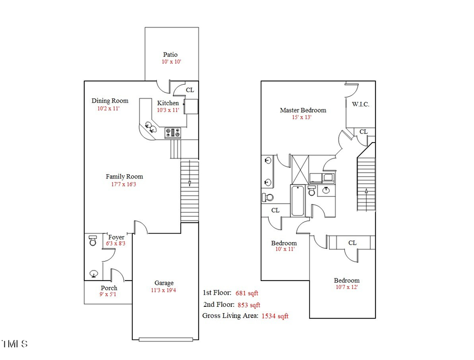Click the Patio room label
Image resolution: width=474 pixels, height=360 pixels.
[x=170, y=54]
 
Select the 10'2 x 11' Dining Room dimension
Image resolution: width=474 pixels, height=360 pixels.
[x=108, y=109]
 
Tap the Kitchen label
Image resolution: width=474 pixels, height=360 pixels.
[x=168, y=103]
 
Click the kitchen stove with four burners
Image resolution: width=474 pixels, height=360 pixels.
[x=173, y=133]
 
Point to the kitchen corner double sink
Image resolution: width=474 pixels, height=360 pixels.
[x=151, y=127]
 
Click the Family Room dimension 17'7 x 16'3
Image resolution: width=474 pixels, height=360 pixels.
[x=124, y=184]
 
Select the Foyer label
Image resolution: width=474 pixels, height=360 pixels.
[x=116, y=237]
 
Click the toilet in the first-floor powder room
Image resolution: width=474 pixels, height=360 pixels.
[x=93, y=241]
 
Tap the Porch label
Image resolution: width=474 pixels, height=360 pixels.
[x=109, y=288]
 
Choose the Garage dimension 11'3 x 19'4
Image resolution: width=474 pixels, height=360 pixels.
[x=164, y=290]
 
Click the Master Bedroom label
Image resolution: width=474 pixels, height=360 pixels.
[x=303, y=110]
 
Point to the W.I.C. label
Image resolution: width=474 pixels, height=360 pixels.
[x=361, y=104]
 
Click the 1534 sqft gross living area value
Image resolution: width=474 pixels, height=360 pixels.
[x=275, y=316]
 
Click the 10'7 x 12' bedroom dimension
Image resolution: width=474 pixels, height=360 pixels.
[x=347, y=287]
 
